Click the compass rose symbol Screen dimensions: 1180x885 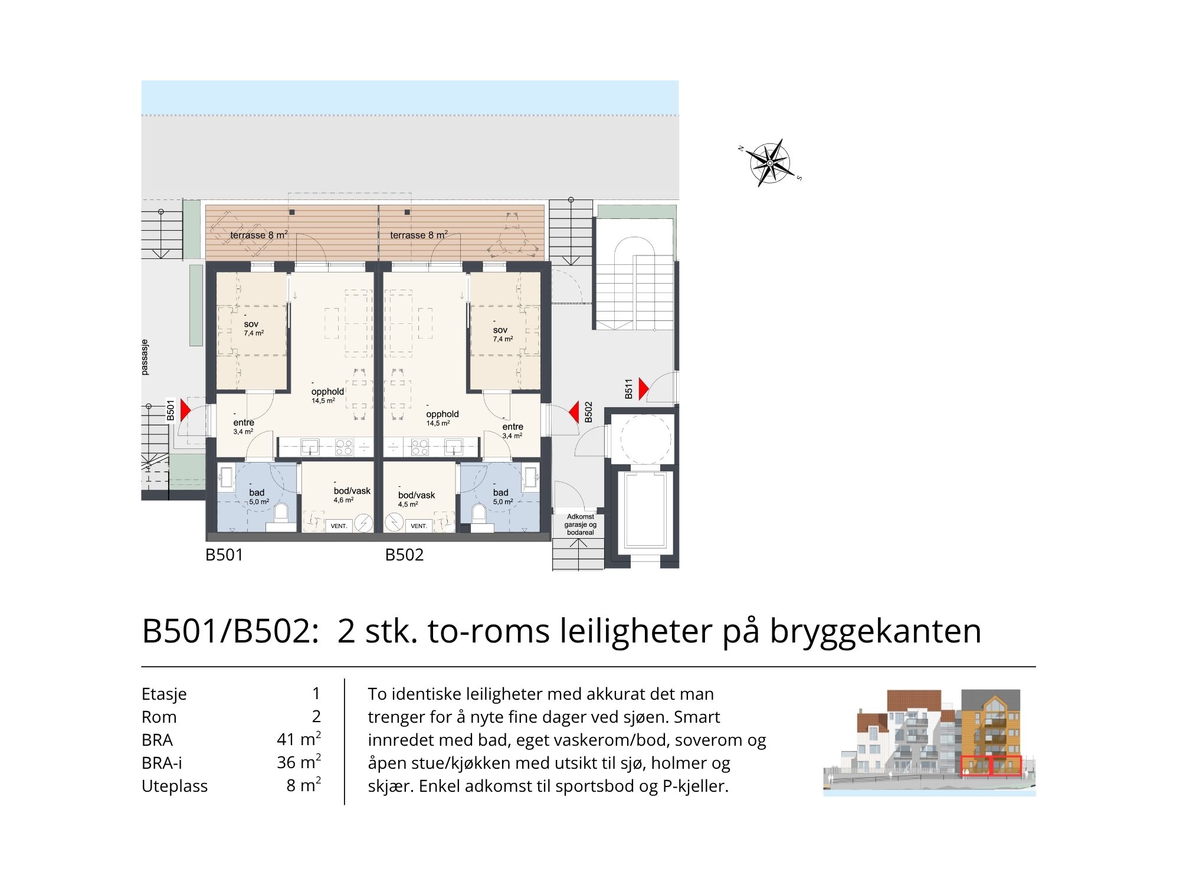pyautogui.click(x=770, y=163)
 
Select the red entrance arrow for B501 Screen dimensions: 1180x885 pyautogui.click(x=185, y=410)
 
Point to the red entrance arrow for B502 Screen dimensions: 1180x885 pyautogui.click(x=573, y=412)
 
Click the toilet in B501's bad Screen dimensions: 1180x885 pyautogui.click(x=281, y=513)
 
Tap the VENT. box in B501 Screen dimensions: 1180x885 pyautogui.click(x=339, y=525)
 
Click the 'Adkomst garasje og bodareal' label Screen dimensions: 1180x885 pyautogui.click(x=581, y=525)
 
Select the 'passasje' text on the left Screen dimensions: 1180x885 pyautogui.click(x=145, y=358)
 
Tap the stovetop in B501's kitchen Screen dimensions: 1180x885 pyautogui.click(x=344, y=447)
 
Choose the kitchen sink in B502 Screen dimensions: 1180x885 pyautogui.click(x=453, y=446)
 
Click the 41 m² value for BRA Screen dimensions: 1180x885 pyautogui.click(x=299, y=739)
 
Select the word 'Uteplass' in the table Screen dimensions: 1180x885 pyautogui.click(x=175, y=786)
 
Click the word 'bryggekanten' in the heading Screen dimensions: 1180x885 pyautogui.click(x=876, y=631)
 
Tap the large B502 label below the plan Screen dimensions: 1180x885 pyautogui.click(x=404, y=555)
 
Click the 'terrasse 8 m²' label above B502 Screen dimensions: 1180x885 pyautogui.click(x=419, y=235)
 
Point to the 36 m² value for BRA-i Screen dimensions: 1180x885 pyautogui.click(x=299, y=762)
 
